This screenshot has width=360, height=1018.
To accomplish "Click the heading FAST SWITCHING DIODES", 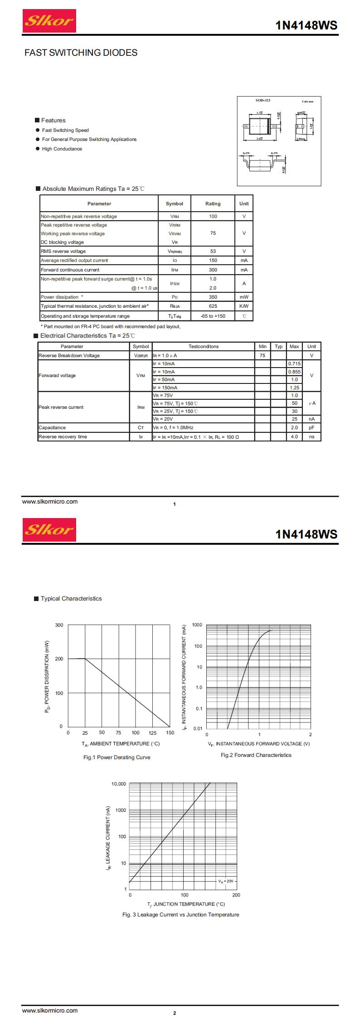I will (x=81, y=53).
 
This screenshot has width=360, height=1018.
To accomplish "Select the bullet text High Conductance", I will (x=62, y=149).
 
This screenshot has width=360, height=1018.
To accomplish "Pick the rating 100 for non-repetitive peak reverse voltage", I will (x=213, y=216).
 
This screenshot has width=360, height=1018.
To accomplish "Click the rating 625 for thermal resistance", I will (x=213, y=306).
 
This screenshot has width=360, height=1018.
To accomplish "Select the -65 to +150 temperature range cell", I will (x=213, y=316).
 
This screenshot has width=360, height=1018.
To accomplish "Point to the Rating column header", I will (x=213, y=204).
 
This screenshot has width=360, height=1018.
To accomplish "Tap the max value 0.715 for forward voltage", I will (x=294, y=364).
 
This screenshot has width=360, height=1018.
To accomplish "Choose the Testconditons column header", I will (x=204, y=346).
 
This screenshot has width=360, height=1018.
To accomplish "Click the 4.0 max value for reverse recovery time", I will (x=294, y=436).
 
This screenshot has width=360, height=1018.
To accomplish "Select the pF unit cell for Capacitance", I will (x=311, y=427).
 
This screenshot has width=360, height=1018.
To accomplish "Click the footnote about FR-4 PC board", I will (x=110, y=326).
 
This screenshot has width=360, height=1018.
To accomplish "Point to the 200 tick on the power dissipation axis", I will (x=59, y=659).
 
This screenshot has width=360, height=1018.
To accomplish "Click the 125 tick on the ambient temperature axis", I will (x=153, y=732).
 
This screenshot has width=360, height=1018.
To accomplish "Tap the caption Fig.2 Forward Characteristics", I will (x=256, y=755).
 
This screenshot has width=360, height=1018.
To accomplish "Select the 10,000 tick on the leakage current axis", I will (x=119, y=784).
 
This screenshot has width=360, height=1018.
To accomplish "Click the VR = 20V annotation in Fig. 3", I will (x=225, y=881).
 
